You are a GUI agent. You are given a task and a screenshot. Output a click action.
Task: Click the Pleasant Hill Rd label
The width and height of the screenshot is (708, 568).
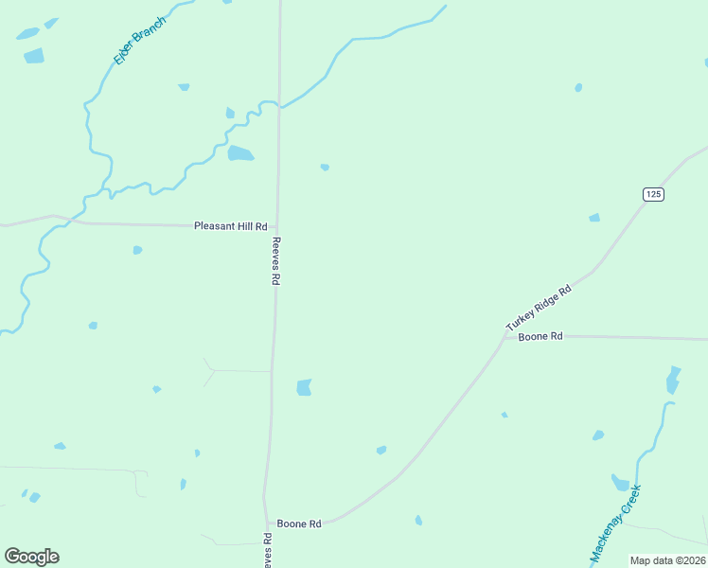click(x=230, y=226)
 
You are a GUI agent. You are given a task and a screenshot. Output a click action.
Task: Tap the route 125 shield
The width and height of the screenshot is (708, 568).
click(x=653, y=194)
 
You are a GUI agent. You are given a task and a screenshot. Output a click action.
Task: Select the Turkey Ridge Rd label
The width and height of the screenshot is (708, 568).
click(x=540, y=308)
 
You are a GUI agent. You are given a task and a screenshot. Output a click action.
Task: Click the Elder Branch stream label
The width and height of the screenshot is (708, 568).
click(x=139, y=40)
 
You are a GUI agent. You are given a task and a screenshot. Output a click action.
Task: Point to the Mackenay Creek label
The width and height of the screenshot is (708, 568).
click(x=616, y=524)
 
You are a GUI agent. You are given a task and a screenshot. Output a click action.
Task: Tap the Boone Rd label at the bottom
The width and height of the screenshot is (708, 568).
click(x=299, y=524)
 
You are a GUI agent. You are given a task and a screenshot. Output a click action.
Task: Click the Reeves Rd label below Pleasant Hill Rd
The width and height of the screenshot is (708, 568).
click(x=276, y=261)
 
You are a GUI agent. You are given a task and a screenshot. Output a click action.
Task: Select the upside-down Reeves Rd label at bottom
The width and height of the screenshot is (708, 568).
click(x=268, y=550)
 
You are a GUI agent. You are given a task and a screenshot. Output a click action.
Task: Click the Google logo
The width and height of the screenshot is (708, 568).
click(x=31, y=557)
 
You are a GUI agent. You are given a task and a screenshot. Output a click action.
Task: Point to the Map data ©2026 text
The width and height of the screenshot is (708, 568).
click(x=667, y=560)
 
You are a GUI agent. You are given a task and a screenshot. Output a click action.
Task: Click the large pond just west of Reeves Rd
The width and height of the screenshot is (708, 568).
click(x=240, y=153)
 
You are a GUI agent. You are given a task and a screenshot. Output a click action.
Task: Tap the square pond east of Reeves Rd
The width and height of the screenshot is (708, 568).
click(x=304, y=387)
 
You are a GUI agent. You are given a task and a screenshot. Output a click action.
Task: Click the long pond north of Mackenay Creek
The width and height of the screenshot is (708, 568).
click(x=673, y=380)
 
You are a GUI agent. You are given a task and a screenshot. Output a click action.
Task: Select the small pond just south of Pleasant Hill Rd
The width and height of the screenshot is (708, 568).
click(x=137, y=250)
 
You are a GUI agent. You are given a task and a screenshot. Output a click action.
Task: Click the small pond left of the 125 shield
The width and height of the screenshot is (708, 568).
click(x=594, y=218)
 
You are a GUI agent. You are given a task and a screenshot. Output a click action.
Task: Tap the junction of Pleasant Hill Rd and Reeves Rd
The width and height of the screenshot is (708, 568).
click(x=276, y=226)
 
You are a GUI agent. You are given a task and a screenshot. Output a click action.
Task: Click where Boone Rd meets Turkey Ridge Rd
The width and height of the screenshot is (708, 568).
click(x=503, y=336)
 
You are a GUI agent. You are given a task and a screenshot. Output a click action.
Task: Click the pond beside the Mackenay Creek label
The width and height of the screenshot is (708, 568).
click(x=621, y=483)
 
